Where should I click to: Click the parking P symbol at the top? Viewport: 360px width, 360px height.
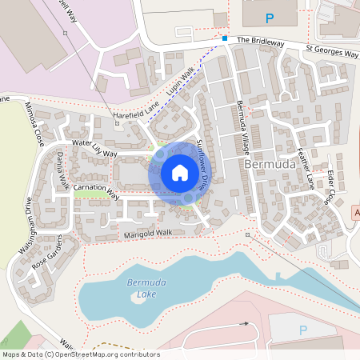click(x=269, y=17)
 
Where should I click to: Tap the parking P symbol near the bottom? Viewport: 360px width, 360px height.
click(x=302, y=330)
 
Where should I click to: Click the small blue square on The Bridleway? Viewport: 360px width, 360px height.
click(x=225, y=38)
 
